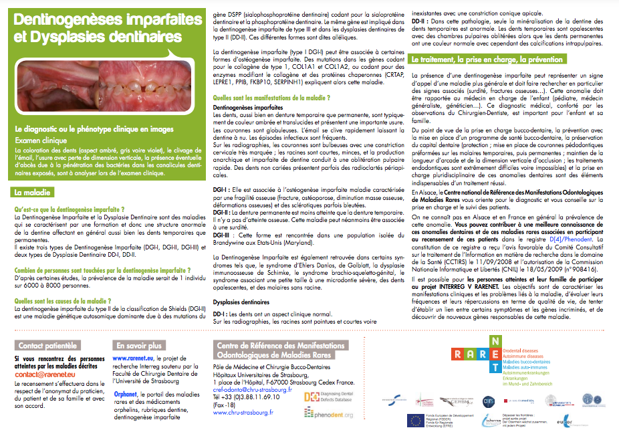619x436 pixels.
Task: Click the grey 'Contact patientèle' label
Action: point(47,346)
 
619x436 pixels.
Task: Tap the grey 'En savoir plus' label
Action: point(138,346)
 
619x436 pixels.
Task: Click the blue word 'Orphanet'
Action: point(125,394)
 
